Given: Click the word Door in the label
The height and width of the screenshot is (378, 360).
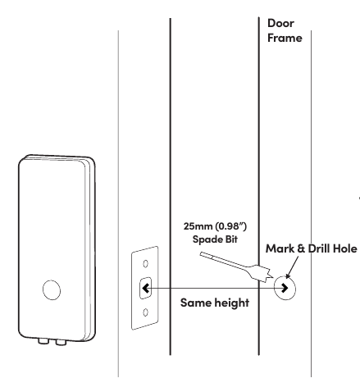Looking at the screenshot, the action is pos(280,23).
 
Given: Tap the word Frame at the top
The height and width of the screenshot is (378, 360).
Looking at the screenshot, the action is pos(285,38).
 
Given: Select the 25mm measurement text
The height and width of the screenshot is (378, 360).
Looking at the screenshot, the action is pos(198,226).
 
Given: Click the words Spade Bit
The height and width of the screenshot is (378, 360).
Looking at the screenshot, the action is pos(215,239).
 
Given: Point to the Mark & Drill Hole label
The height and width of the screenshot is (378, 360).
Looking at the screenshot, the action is pos(312,248).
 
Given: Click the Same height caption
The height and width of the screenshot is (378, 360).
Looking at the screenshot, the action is pos(215,303).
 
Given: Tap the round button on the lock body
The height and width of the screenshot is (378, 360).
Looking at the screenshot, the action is pos(52,290).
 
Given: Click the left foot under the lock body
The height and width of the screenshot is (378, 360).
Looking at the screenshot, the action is pos(43,341).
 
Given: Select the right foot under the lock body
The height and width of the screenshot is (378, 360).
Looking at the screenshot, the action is pos(61,342).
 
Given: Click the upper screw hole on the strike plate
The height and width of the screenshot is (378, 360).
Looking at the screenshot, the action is pos(146,264).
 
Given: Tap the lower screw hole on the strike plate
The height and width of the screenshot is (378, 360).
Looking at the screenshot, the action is pos(146,312).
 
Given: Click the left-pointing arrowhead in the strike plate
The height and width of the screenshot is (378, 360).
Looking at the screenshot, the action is pos(145,288).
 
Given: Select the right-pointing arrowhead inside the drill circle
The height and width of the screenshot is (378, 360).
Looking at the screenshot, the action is pos(285,288).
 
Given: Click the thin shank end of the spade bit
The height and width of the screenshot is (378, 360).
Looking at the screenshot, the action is pos(202,254).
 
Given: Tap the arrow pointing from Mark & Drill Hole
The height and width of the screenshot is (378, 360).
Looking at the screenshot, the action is pos(292,267).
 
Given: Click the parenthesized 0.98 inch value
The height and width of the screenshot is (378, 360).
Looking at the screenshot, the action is pos(230,226).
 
